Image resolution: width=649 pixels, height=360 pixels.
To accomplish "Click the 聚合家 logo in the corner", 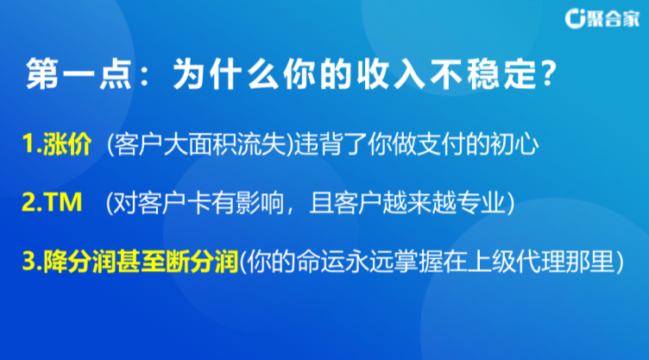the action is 602,18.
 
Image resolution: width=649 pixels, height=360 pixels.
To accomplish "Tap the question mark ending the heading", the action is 548,73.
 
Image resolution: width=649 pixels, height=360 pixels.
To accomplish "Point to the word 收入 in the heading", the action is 391,74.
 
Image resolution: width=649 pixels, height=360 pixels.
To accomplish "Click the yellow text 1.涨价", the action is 57,144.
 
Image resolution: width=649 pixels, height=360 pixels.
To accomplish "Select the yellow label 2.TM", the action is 52,202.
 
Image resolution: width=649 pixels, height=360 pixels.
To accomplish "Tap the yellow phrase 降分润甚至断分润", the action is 142,262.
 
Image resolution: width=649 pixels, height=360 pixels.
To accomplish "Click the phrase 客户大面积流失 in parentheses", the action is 201,144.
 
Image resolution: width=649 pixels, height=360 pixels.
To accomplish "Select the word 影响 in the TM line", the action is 261,203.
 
